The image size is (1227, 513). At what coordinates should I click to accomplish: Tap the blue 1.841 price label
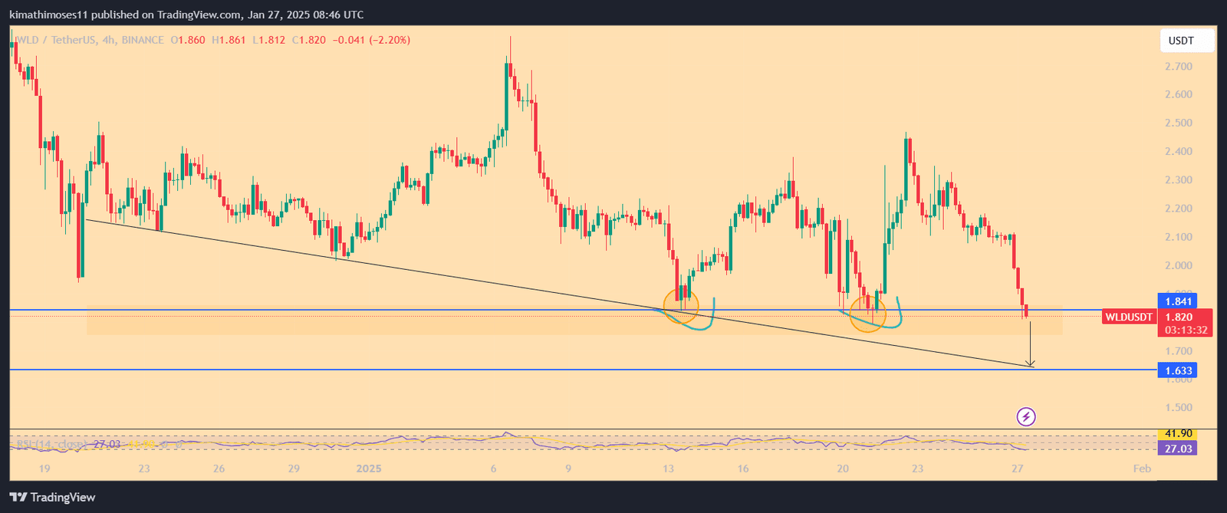click(x=1176, y=301)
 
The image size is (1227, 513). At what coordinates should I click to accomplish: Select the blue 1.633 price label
click(x=1176, y=371)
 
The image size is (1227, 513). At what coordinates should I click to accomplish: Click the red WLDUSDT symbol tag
click(x=1128, y=317)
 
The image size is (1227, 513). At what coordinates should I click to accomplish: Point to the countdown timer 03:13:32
click(x=1186, y=330)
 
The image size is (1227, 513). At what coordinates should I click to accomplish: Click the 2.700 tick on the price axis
click(x=1178, y=67)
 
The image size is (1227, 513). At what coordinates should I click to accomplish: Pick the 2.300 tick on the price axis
click(x=1178, y=180)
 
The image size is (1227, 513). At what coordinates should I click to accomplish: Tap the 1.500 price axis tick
click(x=1178, y=408)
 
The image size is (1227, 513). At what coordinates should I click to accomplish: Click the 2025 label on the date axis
click(x=369, y=469)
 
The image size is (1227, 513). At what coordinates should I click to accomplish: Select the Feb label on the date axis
click(x=1142, y=469)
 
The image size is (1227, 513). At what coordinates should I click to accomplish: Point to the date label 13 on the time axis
click(x=668, y=469)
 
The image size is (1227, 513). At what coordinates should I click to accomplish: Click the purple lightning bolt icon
click(x=1026, y=417)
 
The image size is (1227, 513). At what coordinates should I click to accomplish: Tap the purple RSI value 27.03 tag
click(x=1178, y=449)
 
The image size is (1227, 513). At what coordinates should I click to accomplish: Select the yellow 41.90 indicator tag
click(x=1176, y=434)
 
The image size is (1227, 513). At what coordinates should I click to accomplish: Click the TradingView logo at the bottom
click(x=53, y=498)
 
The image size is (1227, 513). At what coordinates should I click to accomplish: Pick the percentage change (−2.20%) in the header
click(x=390, y=40)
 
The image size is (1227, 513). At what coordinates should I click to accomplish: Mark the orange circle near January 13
click(x=681, y=306)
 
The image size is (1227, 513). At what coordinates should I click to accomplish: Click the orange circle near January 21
click(x=868, y=313)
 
